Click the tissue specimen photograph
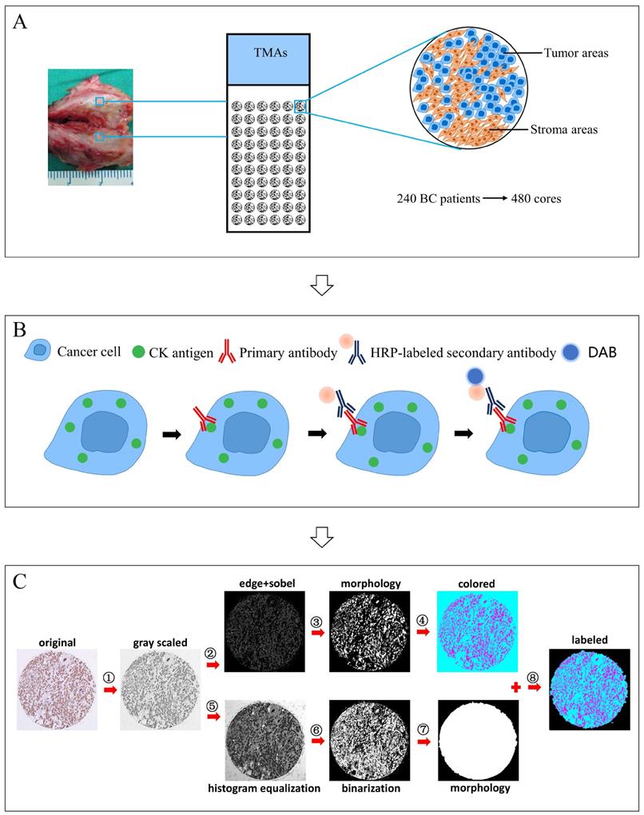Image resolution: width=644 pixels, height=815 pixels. (x=89, y=126)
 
